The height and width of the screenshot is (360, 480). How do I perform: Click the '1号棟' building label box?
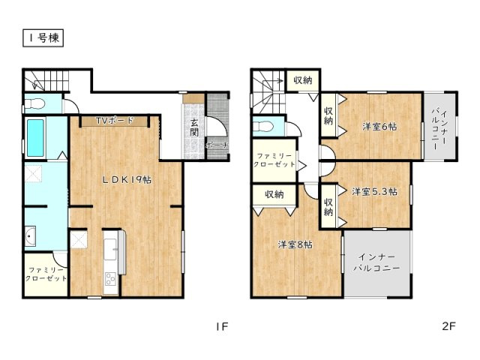tap(43, 38)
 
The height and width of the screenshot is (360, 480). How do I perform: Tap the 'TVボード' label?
tap(115, 121)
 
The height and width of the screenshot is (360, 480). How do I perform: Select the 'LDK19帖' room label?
tap(127, 180)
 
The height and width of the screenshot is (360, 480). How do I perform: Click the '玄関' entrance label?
tap(194, 127)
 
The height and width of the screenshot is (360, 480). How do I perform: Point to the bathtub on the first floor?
tap(35, 138)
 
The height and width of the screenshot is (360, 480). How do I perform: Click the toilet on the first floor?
tap(35, 104)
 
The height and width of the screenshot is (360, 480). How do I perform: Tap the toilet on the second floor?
tap(263, 126)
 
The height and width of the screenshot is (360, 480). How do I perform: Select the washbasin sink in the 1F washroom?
tap(30, 236)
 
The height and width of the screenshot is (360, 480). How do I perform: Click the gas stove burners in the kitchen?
tap(110, 279)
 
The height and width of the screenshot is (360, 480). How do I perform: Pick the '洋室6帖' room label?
tap(379, 127)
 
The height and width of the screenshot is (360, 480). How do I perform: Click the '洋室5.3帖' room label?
tap(375, 192)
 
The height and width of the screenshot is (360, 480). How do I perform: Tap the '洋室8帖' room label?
tap(295, 244)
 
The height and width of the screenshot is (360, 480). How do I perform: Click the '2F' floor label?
tap(449, 326)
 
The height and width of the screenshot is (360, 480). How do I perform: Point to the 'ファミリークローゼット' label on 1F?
tap(46, 274)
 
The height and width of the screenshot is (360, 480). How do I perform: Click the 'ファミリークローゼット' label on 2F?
tap(274, 160)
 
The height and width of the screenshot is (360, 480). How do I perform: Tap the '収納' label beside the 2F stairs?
tap(303, 80)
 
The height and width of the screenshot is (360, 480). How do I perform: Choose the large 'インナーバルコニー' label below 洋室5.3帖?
tap(376, 262)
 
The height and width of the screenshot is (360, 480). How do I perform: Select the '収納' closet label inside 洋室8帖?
tap(274, 194)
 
